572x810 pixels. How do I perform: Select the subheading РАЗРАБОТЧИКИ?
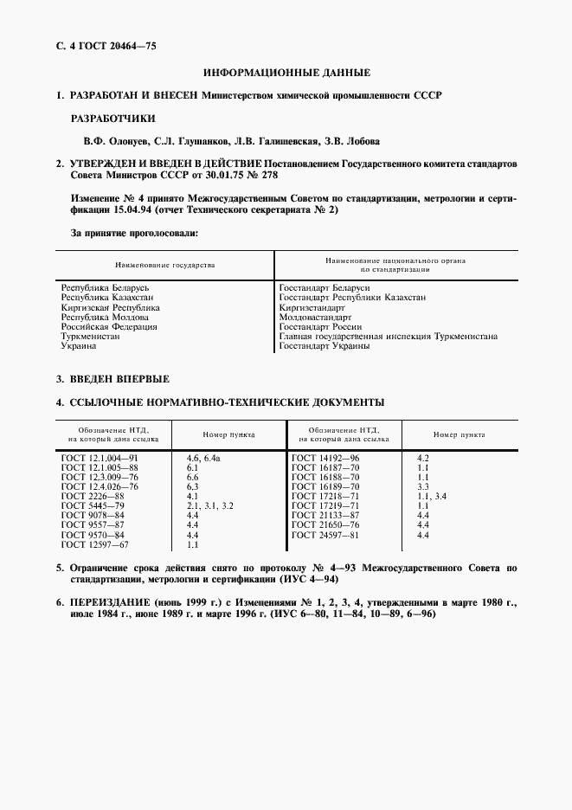(x=112, y=118)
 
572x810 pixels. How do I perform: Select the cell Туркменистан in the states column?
(x=90, y=336)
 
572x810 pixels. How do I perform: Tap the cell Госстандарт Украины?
(x=325, y=346)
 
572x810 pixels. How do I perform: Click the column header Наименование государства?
(x=164, y=265)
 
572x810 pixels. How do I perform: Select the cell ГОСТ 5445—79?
(x=93, y=505)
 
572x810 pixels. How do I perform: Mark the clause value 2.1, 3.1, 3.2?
(x=210, y=505)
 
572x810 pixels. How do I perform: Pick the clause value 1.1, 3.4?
(x=431, y=495)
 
